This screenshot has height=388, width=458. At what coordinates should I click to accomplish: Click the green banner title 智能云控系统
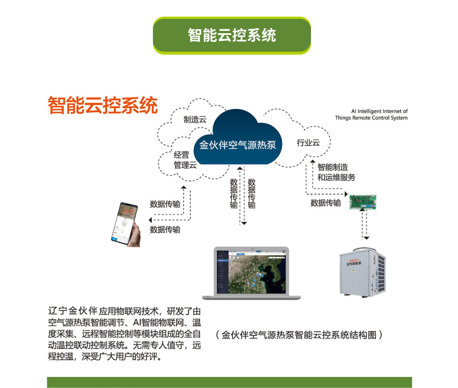[x=232, y=35]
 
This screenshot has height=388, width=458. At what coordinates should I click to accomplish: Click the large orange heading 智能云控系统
[x=103, y=106]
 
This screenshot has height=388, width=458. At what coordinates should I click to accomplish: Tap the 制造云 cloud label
[x=195, y=120]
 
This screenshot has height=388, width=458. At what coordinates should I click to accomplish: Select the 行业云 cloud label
[x=308, y=143]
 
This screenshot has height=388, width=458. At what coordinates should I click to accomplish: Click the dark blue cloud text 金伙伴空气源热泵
[x=237, y=145]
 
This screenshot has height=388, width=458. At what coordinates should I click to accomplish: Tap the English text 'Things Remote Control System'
[x=371, y=118]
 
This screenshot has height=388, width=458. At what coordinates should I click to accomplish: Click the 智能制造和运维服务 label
[x=336, y=172]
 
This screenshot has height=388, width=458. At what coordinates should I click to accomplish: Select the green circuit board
[x=363, y=202]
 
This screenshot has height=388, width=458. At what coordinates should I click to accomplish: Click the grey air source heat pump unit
[x=362, y=273]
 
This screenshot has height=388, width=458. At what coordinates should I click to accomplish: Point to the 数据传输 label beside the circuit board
[x=325, y=203]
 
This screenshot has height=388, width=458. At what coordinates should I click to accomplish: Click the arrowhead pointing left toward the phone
[x=150, y=220]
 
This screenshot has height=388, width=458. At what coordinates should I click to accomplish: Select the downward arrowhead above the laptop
[x=244, y=223]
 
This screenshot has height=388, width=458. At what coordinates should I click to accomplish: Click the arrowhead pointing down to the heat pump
[x=366, y=238]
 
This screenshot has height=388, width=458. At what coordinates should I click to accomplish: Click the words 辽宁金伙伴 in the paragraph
[x=72, y=311]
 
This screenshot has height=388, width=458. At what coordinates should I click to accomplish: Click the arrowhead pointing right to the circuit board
[x=346, y=194]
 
